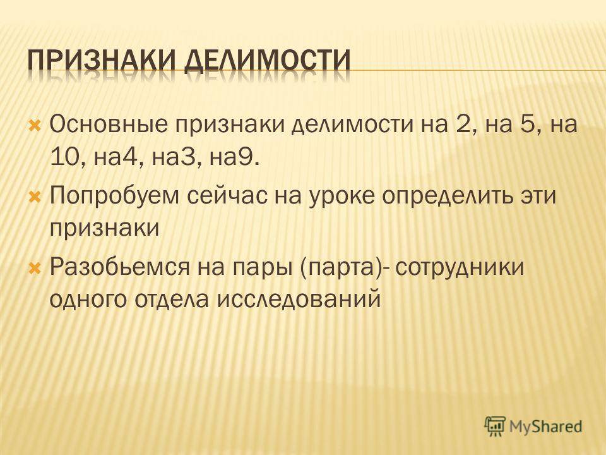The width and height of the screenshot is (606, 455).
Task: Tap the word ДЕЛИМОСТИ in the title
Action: pos(267,61)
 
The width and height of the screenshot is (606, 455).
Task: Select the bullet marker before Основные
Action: pos(35,125)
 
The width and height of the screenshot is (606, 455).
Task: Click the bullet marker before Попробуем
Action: pos(35,196)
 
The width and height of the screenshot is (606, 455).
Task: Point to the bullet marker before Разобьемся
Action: pos(35,267)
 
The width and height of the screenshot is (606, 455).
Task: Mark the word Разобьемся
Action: pos(120,267)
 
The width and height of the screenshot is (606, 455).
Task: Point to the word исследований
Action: pos(299,300)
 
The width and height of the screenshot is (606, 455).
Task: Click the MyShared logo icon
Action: pos(495,426)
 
